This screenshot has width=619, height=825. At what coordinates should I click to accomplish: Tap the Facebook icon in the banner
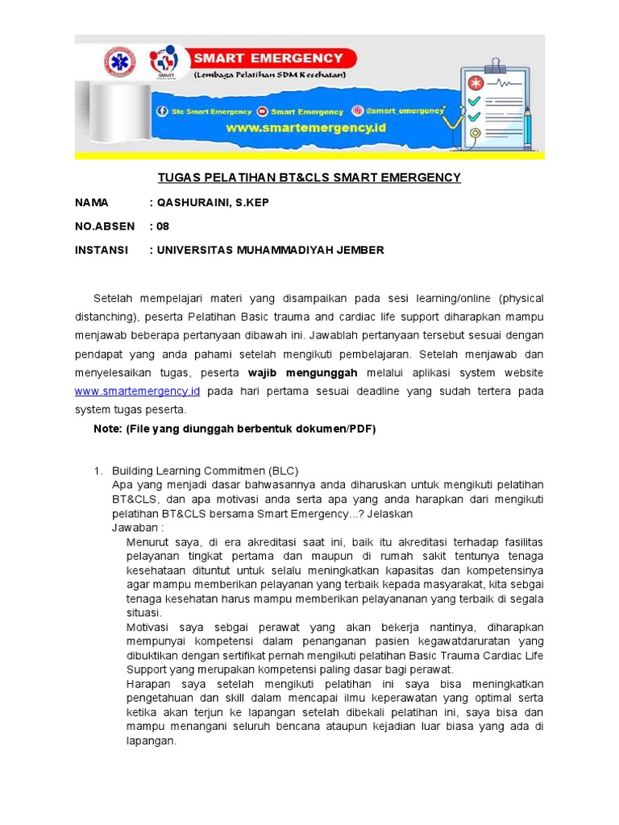(x=161, y=111)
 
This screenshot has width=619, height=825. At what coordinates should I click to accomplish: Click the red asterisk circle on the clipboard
(x=476, y=83)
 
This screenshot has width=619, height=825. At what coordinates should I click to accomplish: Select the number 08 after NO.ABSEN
(x=164, y=226)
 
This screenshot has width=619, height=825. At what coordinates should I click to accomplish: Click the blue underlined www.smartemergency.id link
(x=137, y=391)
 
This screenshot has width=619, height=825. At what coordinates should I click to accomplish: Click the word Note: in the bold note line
(x=107, y=429)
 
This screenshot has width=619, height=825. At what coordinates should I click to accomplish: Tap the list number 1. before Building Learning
(x=98, y=471)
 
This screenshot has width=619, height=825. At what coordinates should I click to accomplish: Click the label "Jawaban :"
(x=137, y=528)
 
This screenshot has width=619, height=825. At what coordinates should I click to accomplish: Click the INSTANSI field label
(x=102, y=250)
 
